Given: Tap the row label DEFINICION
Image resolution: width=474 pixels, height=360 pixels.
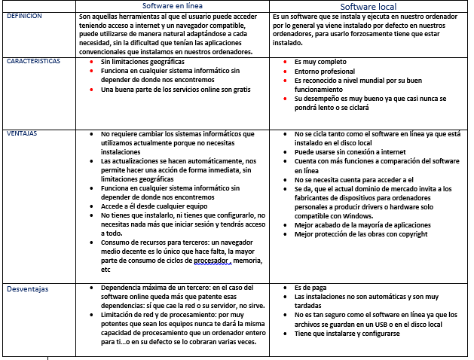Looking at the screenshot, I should (x=24, y=16).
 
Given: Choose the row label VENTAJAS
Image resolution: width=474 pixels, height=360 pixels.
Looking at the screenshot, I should (x=22, y=134).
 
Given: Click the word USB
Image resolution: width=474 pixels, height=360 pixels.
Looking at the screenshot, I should (x=386, y=323).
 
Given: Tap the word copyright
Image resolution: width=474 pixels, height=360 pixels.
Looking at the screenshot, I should (x=410, y=234).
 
